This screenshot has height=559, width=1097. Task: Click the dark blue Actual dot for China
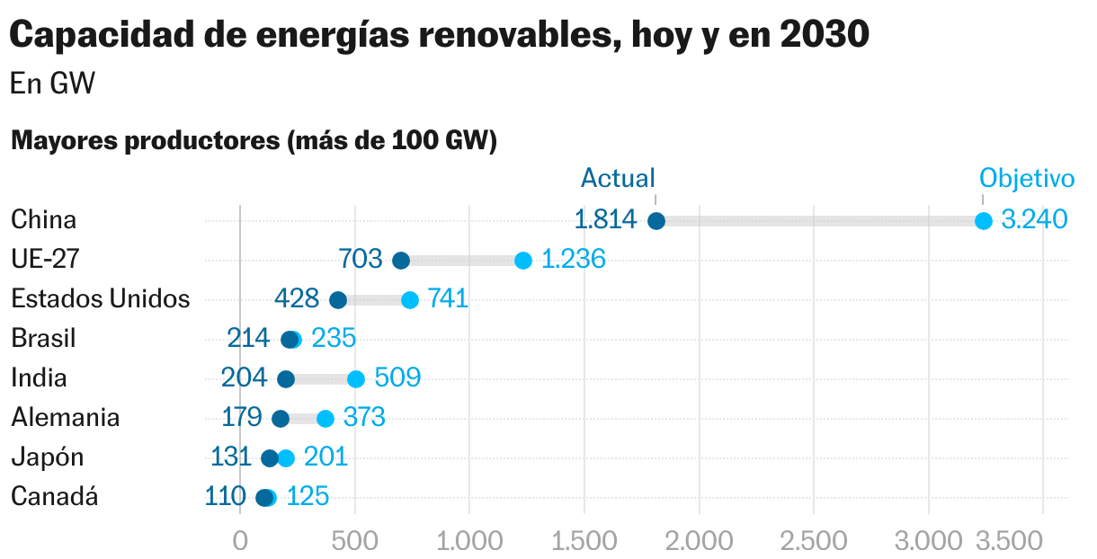656,221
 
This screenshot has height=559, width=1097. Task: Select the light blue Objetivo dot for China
983,221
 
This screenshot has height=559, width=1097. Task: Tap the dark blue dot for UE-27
401,261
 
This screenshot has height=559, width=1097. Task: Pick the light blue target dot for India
356,379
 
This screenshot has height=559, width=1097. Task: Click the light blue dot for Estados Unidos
410,300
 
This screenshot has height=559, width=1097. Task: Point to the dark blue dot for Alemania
281,419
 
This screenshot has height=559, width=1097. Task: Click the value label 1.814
605,220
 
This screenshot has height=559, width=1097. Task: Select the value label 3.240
1034,220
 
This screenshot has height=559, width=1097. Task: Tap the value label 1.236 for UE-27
574,260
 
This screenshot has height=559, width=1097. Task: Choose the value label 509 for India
397,378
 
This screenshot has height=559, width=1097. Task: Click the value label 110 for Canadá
225,497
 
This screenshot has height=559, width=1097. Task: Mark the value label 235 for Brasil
334,339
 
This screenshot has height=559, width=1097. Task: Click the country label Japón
48,457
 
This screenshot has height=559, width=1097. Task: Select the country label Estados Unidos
101,299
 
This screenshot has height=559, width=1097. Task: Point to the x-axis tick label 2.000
699,542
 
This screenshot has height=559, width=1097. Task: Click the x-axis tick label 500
355,542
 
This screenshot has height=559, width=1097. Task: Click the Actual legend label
618,178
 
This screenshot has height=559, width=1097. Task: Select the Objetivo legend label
1027,178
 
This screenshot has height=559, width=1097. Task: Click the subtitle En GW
53,84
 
